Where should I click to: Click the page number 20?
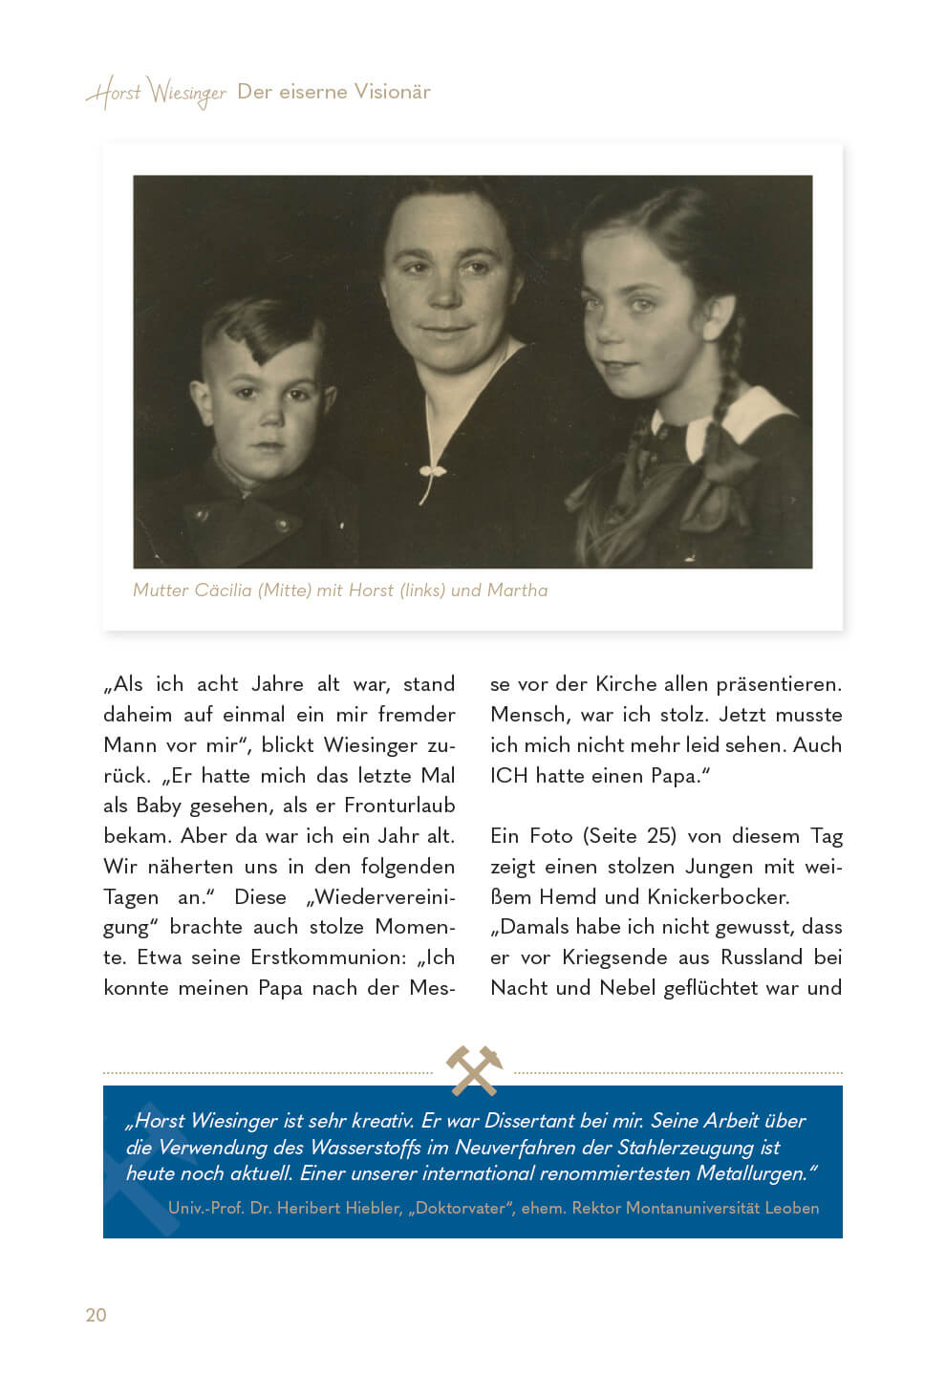pyautogui.click(x=96, y=1315)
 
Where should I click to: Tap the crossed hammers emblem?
pyautogui.click(x=474, y=1069)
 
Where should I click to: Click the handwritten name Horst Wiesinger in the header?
pyautogui.click(x=156, y=94)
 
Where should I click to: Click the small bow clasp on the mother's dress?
pyautogui.click(x=433, y=470)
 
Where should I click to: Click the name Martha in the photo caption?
pyautogui.click(x=517, y=590)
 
